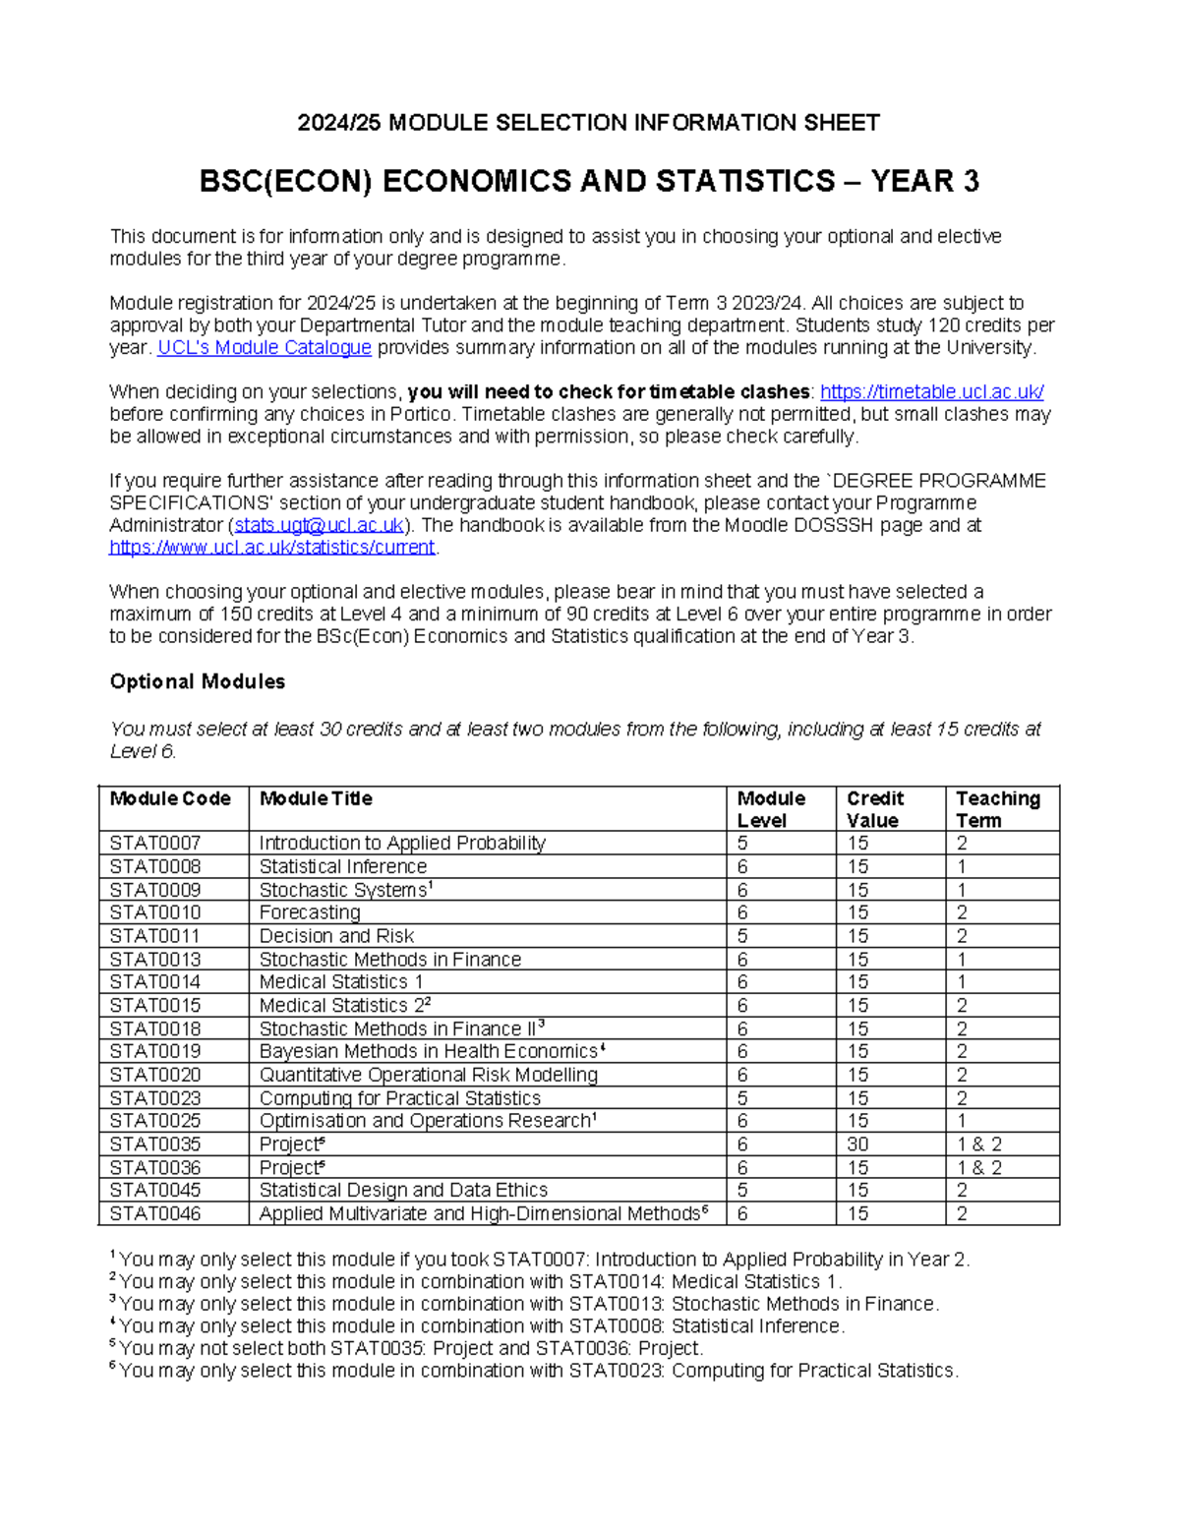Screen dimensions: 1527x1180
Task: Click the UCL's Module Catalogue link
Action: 264,348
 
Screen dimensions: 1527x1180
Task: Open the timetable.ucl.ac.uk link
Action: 931,392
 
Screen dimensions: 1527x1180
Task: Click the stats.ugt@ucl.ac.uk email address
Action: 319,525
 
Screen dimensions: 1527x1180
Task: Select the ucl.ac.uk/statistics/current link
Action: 271,548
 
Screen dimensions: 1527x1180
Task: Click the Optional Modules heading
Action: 197,681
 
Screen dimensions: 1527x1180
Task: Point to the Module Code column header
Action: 170,799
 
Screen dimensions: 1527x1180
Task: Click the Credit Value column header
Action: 874,809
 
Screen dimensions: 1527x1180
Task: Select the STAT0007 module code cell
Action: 155,844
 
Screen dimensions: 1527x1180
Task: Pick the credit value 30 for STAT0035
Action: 857,1145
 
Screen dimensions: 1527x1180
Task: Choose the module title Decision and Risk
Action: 336,936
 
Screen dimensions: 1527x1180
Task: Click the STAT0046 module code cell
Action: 155,1214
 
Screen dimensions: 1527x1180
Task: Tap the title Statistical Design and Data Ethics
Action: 403,1191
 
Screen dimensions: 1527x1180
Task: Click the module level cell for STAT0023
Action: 743,1098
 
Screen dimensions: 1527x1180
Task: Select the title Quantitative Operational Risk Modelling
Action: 428,1075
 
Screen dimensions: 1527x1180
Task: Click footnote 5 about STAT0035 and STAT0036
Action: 409,1348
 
